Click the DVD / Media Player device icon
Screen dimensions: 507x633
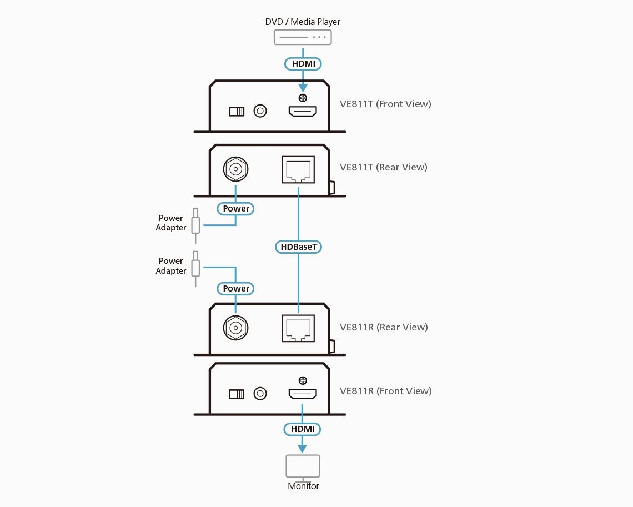(303, 37)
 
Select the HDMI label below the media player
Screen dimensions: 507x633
(303, 64)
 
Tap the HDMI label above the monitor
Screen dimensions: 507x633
(303, 429)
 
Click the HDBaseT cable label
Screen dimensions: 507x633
(298, 246)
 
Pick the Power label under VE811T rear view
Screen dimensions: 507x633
(236, 209)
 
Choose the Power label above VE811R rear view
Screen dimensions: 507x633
(236, 288)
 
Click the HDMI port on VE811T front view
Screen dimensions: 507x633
(302, 112)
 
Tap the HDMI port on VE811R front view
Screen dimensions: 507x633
(302, 394)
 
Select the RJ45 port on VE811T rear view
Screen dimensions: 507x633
(298, 169)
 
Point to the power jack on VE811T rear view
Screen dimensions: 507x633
(235, 169)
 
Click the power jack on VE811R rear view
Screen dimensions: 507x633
(235, 328)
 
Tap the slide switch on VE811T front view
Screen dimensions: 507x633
(237, 112)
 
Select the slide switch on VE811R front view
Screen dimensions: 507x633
(237, 394)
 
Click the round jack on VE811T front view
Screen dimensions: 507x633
(260, 111)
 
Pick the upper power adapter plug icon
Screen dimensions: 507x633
(195, 225)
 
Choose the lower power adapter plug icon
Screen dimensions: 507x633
(195, 268)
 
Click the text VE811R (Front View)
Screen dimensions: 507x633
(385, 391)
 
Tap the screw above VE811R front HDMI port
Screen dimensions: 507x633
(303, 380)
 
